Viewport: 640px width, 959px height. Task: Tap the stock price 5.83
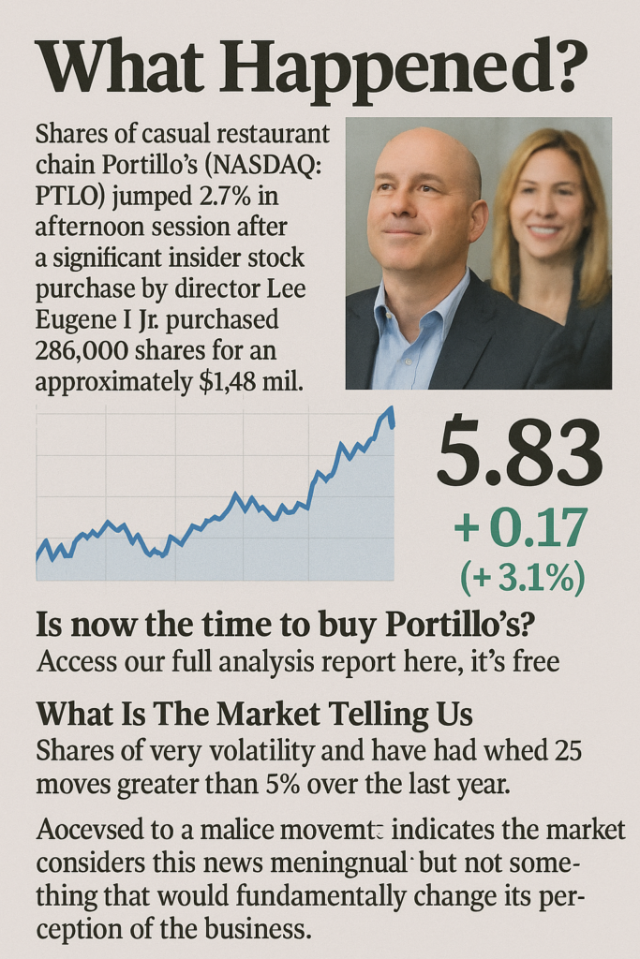click(x=519, y=453)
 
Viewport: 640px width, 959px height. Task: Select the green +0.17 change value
click(x=520, y=527)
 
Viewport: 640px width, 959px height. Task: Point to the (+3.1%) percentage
click(x=522, y=578)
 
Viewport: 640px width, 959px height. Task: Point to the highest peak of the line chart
click(x=389, y=410)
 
